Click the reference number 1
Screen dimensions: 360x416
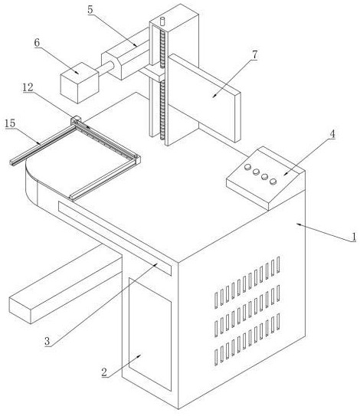point(353,237)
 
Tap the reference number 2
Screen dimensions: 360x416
point(104,372)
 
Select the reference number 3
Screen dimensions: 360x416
point(47,341)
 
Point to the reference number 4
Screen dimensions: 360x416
point(332,134)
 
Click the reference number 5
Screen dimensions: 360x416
point(90,9)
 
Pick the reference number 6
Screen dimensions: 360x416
point(37,42)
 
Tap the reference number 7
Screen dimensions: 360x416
point(254,55)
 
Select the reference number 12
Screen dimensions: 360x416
point(28,87)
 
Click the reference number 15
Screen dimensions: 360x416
point(10,123)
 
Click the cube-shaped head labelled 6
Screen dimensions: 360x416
point(80,83)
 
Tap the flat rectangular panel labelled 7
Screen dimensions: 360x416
point(205,98)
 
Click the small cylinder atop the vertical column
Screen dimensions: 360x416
point(162,21)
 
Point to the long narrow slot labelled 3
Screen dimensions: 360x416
point(115,237)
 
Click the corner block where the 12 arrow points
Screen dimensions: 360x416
point(75,121)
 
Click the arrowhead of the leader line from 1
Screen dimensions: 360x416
point(297,224)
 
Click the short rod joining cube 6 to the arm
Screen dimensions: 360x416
point(106,68)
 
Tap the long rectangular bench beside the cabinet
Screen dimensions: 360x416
point(65,284)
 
